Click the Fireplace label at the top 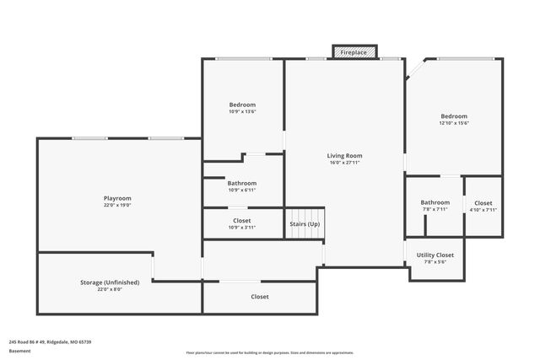[354, 53]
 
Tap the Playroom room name [117, 197]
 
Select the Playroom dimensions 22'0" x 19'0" [117, 205]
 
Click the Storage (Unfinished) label [110, 282]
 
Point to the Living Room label [344, 155]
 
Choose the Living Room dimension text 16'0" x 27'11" [344, 163]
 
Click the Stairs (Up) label [305, 224]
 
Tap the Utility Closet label [435, 255]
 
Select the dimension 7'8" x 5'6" [435, 262]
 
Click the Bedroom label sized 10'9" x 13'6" [242, 105]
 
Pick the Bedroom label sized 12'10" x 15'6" [453, 116]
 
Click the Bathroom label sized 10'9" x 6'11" [242, 183]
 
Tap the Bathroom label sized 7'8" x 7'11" [435, 202]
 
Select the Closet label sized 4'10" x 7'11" [483, 203]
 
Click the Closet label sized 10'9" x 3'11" [242, 221]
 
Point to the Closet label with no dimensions [260, 297]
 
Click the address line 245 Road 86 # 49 [50, 341]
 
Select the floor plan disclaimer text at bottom [269, 353]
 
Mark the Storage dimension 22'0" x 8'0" [110, 290]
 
